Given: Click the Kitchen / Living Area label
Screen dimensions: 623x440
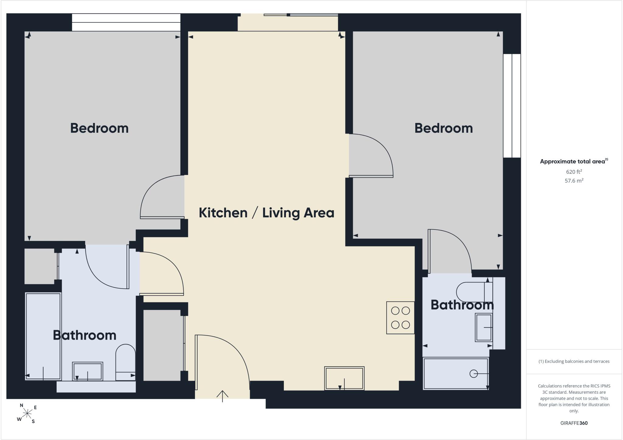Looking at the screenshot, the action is click(x=266, y=213).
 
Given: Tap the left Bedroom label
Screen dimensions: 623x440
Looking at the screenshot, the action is click(x=99, y=128).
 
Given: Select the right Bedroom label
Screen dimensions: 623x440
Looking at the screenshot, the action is click(x=444, y=128).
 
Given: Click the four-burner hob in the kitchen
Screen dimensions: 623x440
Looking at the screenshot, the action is click(x=400, y=318).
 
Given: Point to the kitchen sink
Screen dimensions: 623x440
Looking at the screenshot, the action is click(x=344, y=378).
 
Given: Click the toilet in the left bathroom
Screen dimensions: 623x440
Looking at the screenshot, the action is click(x=125, y=362).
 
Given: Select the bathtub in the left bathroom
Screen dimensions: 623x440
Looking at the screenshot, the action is click(x=43, y=336).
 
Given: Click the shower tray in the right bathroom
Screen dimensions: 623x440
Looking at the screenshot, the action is click(x=456, y=374).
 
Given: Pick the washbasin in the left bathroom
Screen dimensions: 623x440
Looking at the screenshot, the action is click(x=88, y=371).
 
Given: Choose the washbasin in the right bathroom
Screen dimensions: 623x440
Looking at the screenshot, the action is click(x=484, y=327).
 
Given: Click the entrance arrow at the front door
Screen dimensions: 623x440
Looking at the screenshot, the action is click(x=222, y=396).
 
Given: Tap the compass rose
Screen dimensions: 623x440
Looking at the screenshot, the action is click(x=27, y=413).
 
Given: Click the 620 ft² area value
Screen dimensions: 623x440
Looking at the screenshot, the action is click(x=574, y=172).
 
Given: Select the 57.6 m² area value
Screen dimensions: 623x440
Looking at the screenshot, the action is click(x=574, y=180).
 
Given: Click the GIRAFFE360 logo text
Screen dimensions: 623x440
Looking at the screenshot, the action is click(x=574, y=423).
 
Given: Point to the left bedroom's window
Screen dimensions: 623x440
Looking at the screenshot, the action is click(x=126, y=22).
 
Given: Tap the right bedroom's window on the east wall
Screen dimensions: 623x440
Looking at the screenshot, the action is click(x=512, y=106).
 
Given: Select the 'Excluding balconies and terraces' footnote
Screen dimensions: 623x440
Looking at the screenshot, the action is click(x=574, y=361).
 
